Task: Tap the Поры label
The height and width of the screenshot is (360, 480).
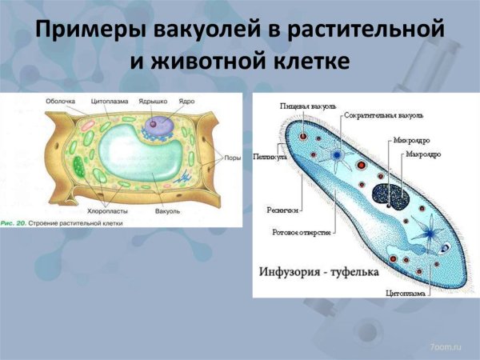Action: (231, 158)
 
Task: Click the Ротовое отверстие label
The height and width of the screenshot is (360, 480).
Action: (296, 233)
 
